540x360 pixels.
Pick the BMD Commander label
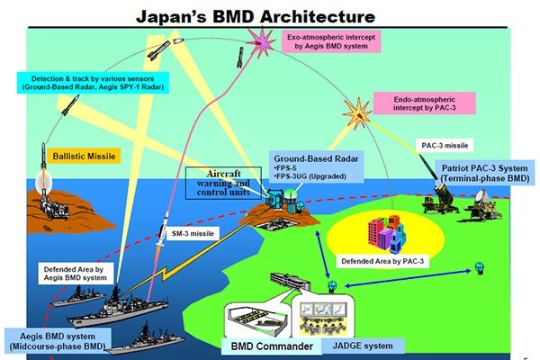pos(268,346)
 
